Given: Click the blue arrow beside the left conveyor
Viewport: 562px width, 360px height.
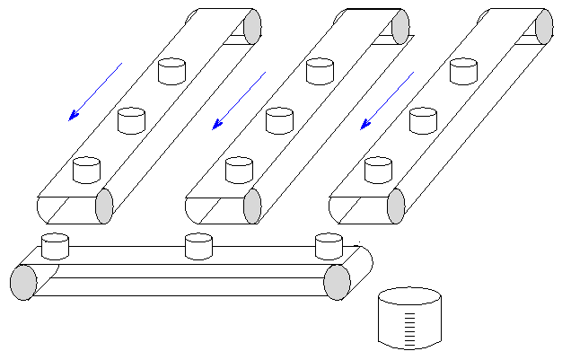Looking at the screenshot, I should point(95,92).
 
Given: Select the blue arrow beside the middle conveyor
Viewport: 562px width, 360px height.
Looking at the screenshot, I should point(239,101).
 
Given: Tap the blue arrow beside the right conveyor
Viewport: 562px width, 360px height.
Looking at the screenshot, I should point(387,101).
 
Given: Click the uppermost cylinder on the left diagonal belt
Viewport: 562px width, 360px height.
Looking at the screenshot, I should point(171,71).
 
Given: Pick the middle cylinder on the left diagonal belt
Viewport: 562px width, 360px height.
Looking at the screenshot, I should point(132,119).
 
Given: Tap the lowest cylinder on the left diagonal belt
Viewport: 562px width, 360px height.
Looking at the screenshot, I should point(86,168).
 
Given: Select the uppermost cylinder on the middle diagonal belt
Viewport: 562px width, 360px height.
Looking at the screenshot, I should point(320,71).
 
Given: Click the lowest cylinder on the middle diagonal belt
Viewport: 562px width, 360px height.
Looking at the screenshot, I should point(239,169).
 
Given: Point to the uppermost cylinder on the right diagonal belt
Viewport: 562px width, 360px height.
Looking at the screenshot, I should point(463,71).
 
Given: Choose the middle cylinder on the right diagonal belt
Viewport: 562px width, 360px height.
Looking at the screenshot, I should point(423,119).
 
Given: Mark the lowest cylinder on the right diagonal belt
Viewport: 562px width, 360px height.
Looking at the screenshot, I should point(379,169).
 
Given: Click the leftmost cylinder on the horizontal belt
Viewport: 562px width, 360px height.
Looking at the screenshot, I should point(56,246).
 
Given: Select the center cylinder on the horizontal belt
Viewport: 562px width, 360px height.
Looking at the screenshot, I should point(198,246).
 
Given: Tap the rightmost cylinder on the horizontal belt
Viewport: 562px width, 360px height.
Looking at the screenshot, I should point(329,245).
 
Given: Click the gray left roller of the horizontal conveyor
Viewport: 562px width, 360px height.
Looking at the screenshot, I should point(23,282).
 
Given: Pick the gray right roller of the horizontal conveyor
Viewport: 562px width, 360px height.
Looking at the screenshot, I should point(337,282).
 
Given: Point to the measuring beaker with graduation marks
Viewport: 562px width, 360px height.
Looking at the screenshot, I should point(410,318).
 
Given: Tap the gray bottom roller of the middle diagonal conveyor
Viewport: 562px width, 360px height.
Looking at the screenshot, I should point(252,206).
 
